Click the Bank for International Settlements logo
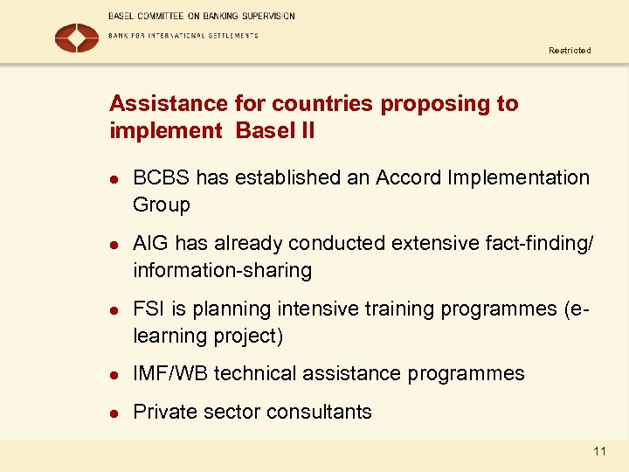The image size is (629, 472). pyautogui.click(x=77, y=38)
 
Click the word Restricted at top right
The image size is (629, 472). pyautogui.click(x=570, y=51)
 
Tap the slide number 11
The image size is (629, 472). pyautogui.click(x=599, y=451)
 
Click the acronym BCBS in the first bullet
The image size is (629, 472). pyautogui.click(x=162, y=177)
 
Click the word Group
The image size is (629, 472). pyautogui.click(x=161, y=205)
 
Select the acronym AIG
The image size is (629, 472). pyautogui.click(x=149, y=243)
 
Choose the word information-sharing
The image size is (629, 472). pyautogui.click(x=222, y=270)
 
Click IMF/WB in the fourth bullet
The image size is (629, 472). pyautogui.click(x=170, y=374)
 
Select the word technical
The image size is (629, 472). pyautogui.click(x=254, y=374)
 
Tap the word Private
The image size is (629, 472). pyautogui.click(x=164, y=412)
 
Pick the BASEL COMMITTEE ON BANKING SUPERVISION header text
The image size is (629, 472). pyautogui.click(x=202, y=16)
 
